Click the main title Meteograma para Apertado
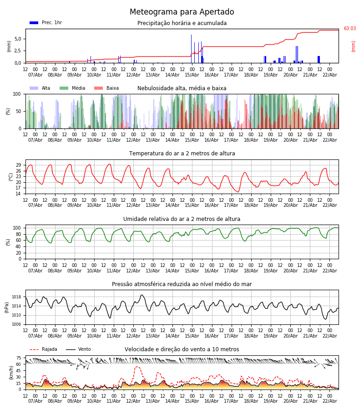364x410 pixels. pos(182,12)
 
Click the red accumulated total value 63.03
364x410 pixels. pos(349,29)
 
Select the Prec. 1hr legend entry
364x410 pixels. pos(46,23)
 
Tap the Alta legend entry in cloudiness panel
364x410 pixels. pos(41,88)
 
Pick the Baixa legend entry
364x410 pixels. pos(107,88)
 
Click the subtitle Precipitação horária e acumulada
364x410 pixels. pos(182,23)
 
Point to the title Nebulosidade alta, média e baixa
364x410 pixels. pos(182,88)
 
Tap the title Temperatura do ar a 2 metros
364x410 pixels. pos(182,154)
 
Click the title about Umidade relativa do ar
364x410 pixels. pos(182,219)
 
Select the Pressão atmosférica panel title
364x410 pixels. pos(182,284)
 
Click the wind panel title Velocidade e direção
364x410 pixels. pos(182,349)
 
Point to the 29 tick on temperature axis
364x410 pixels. pos(19,165)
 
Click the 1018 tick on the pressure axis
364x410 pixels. pos(16,297)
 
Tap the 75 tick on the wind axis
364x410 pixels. pos(19,358)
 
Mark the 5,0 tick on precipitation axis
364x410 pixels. pos(18,39)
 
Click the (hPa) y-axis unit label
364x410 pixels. pos(7,307)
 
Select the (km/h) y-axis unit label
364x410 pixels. pos(11,372)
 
